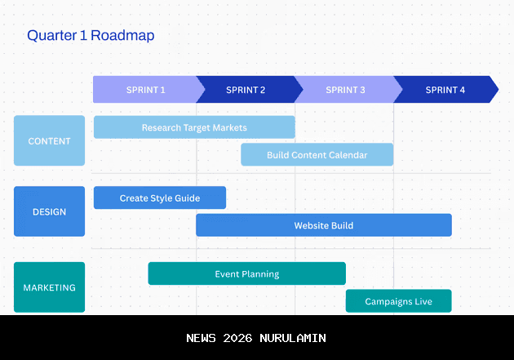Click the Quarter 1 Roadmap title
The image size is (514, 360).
91,35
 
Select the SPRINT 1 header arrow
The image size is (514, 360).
145,90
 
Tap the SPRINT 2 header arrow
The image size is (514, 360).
246,90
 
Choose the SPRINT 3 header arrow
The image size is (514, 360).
345,90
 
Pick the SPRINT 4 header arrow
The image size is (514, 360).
445,90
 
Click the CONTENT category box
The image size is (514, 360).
49,140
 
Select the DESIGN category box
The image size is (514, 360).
49,211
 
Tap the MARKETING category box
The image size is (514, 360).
49,287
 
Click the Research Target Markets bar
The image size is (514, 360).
194,127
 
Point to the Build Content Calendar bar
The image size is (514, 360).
317,155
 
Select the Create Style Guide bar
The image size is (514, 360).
160,198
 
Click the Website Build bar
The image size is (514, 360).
324,225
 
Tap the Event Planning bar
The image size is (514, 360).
246,273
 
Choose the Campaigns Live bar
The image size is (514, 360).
398,301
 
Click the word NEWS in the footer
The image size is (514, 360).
202,338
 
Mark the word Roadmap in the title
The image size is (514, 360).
122,35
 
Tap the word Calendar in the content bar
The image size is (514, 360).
346,155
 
